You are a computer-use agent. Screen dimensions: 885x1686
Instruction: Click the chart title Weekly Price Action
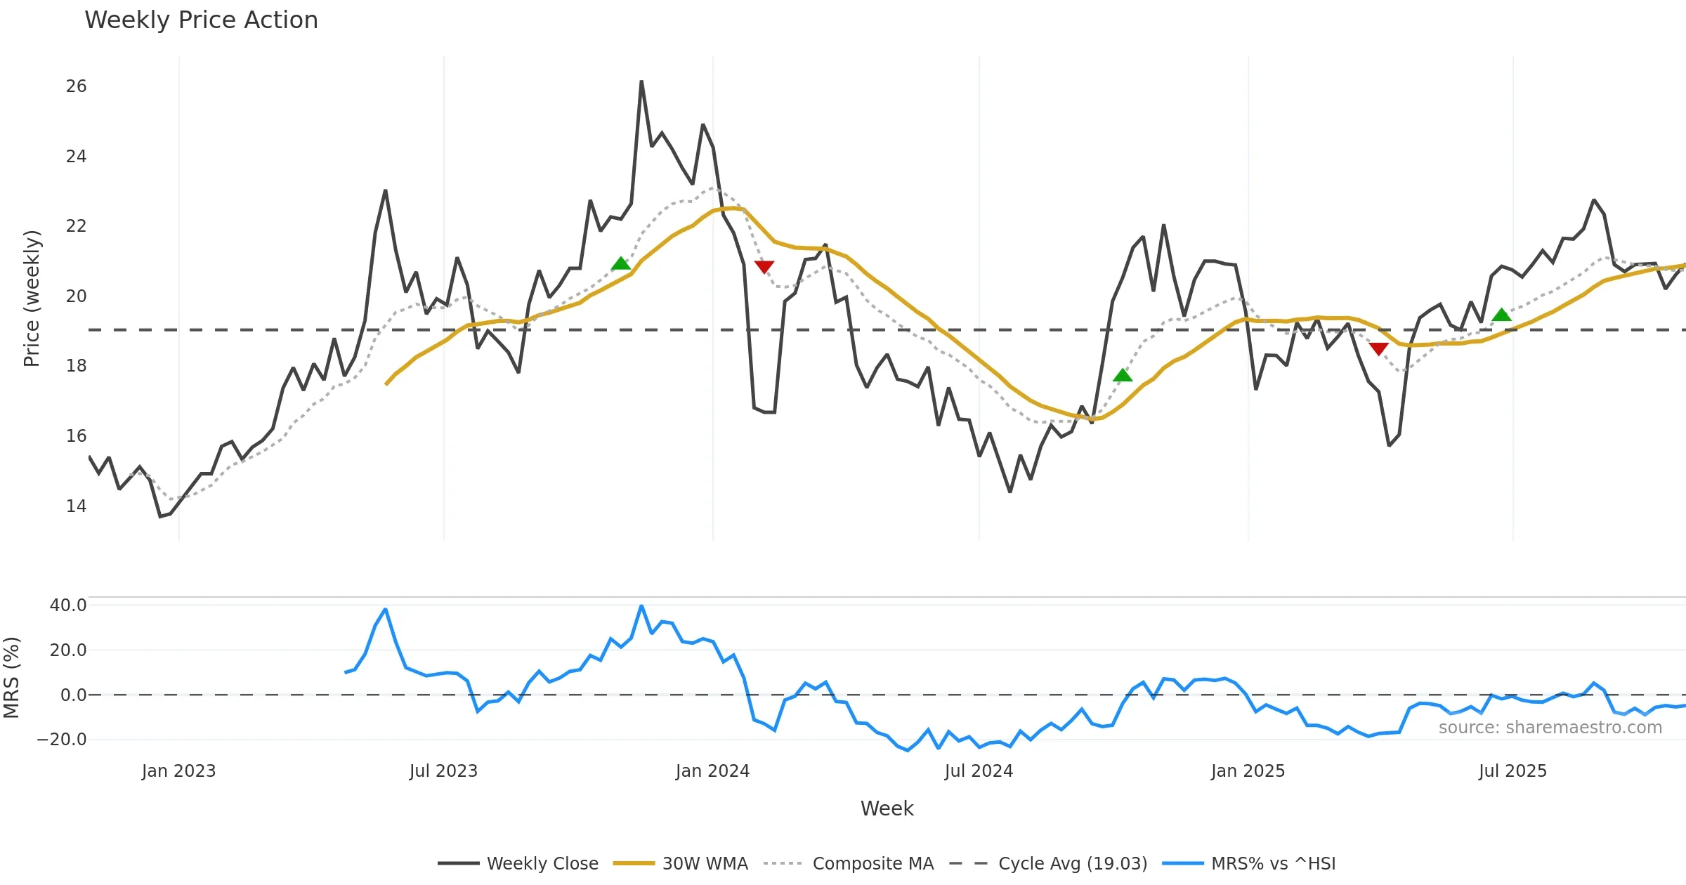pos(201,20)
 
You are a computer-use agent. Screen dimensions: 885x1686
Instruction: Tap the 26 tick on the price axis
pos(76,86)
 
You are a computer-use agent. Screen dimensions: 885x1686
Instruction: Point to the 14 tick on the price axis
pos(76,506)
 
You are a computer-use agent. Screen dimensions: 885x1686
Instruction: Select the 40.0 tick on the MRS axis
pos(68,605)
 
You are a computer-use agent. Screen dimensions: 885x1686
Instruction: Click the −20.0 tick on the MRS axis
pos(62,740)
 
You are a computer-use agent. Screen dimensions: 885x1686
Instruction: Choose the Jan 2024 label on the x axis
pos(712,771)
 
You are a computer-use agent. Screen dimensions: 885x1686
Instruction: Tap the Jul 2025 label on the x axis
pos(1512,771)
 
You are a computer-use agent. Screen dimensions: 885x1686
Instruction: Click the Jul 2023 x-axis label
pos(443,771)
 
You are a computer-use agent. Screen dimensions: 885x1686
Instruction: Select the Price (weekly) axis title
pos(32,299)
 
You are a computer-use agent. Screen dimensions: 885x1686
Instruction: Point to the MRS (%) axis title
pos(11,678)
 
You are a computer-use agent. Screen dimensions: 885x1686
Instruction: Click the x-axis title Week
pos(887,809)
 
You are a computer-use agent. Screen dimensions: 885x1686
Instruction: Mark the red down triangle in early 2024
pos(764,267)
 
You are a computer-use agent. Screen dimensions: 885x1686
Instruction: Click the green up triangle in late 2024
pos(1123,375)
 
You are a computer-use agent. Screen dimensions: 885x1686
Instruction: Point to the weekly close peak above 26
pos(641,81)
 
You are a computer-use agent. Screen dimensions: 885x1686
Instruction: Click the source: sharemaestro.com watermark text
pos(1550,728)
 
